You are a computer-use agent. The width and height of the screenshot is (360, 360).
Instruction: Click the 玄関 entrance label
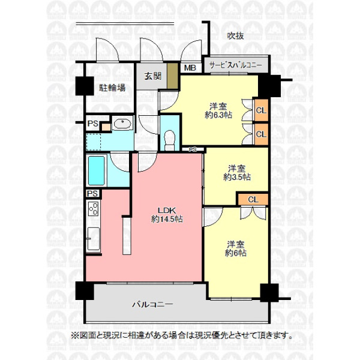click(152, 76)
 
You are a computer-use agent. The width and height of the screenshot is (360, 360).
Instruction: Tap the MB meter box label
click(190, 68)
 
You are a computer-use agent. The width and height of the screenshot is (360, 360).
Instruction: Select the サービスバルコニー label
click(236, 65)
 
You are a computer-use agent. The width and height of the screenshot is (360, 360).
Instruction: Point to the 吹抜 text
click(235, 36)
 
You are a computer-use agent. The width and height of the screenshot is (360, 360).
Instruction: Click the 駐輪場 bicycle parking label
click(112, 88)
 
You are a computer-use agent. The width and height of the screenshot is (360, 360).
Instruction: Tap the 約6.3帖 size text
click(218, 115)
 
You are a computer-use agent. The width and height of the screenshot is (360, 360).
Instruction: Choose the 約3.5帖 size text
click(237, 177)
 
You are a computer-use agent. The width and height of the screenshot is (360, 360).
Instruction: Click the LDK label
click(167, 210)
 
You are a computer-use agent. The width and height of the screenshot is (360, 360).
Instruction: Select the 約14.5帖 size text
click(167, 219)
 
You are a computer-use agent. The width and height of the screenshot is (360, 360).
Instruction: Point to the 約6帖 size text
click(236, 253)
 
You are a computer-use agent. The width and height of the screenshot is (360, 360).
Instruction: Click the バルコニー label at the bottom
click(152, 304)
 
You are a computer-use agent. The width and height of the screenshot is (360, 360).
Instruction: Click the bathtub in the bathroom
click(97, 170)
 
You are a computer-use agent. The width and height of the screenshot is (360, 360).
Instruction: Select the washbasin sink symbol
click(122, 124)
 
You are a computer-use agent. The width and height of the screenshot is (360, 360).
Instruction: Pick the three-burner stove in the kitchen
click(94, 208)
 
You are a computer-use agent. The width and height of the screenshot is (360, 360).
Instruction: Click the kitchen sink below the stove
click(94, 239)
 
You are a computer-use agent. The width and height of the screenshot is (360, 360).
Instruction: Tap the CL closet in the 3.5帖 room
click(253, 199)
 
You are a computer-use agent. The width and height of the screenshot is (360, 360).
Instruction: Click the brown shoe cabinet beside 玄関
click(172, 76)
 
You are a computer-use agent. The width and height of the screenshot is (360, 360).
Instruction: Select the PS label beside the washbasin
click(93, 124)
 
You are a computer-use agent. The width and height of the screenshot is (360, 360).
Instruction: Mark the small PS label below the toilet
click(193, 149)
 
